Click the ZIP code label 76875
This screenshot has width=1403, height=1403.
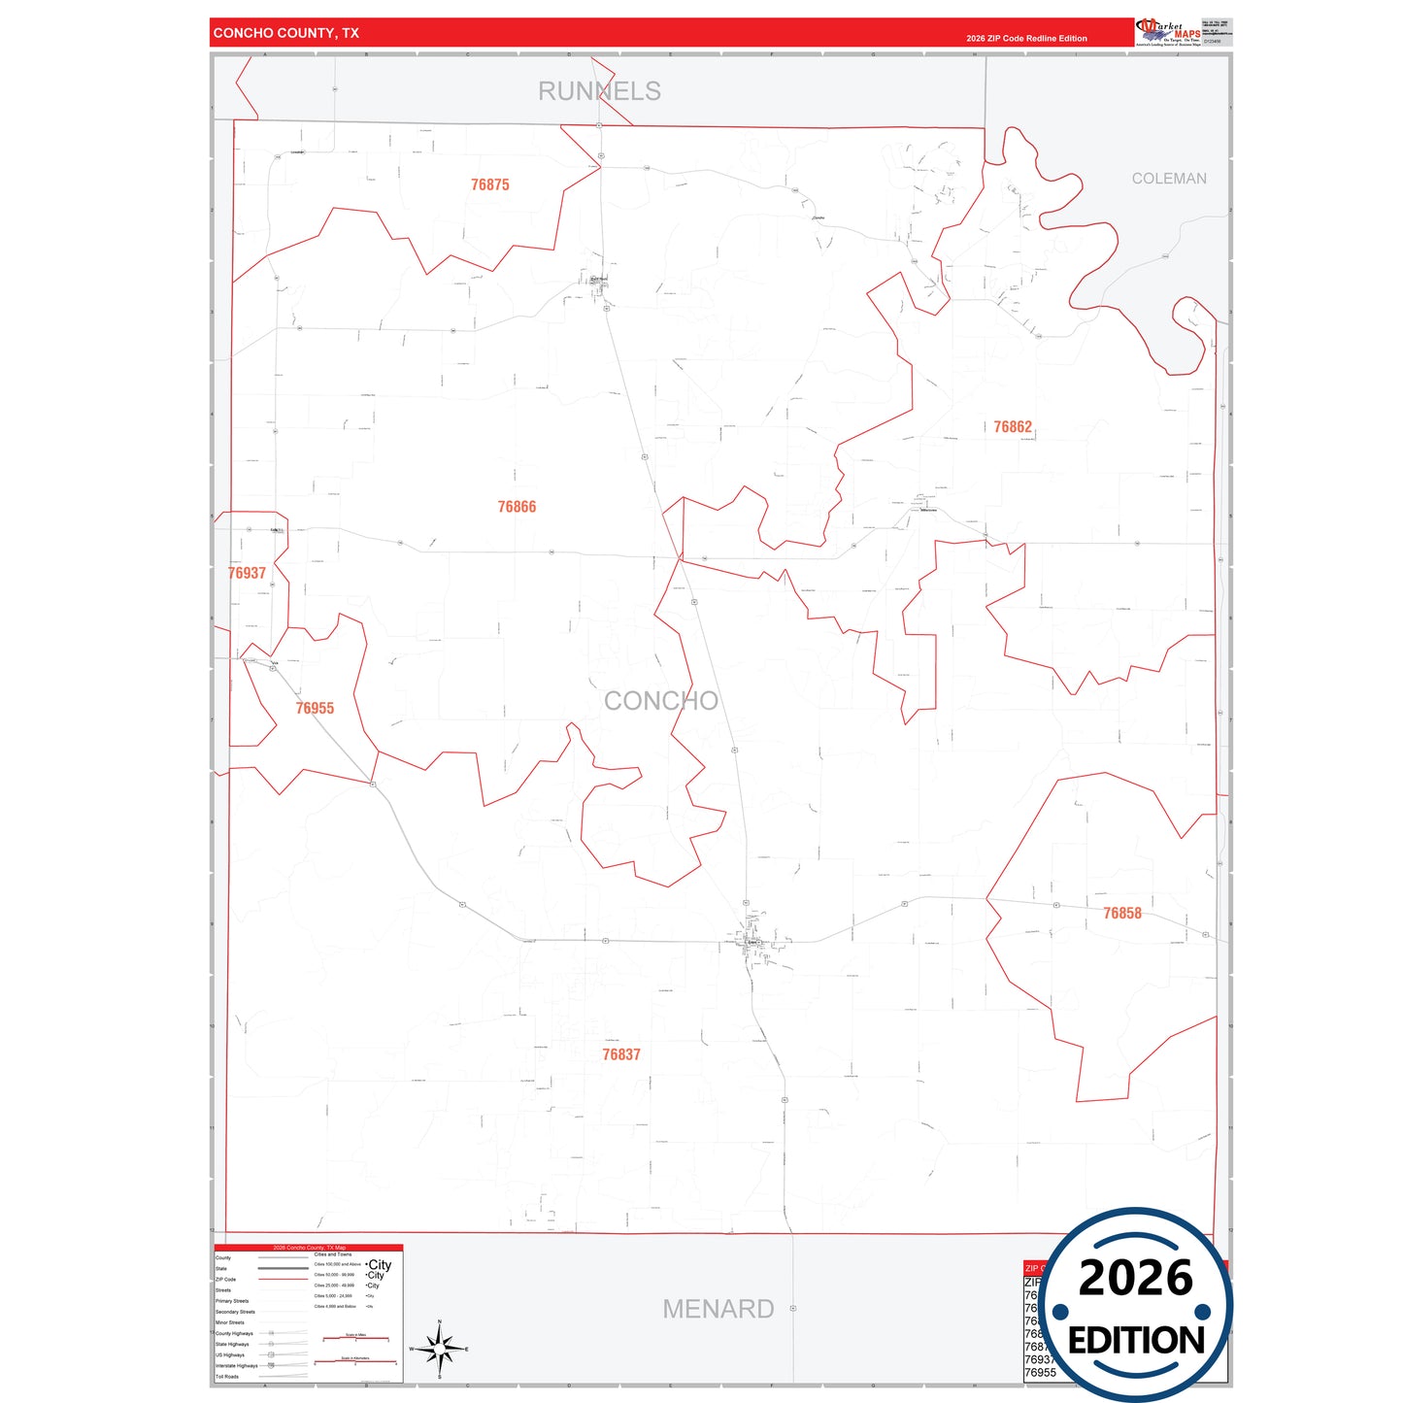(x=489, y=184)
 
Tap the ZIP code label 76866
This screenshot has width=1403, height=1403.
(x=517, y=507)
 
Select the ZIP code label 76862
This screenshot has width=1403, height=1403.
(x=1013, y=427)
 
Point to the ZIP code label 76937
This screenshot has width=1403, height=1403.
(x=247, y=573)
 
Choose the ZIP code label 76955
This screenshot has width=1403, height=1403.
(x=315, y=709)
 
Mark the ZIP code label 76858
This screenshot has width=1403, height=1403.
(x=1122, y=914)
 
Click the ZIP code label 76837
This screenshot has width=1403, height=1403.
(x=621, y=1054)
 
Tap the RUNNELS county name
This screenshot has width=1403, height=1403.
(x=599, y=91)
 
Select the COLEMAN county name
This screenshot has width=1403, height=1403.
(x=1169, y=179)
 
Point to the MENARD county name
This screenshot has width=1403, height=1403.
(x=718, y=1309)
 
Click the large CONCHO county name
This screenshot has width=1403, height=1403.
(x=661, y=701)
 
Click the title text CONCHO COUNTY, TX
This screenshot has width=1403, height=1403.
(x=286, y=33)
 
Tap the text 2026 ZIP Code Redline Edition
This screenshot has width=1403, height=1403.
(x=1026, y=39)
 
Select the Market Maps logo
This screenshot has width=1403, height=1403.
(x=1168, y=32)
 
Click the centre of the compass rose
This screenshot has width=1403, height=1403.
(x=440, y=1349)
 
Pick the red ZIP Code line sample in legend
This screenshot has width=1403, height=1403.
(x=283, y=1280)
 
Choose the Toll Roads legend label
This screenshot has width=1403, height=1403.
(x=227, y=1377)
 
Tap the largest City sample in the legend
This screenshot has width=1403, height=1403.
(x=380, y=1265)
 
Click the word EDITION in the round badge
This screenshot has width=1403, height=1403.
(x=1136, y=1341)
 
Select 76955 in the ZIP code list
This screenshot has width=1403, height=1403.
(x=1040, y=1373)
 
